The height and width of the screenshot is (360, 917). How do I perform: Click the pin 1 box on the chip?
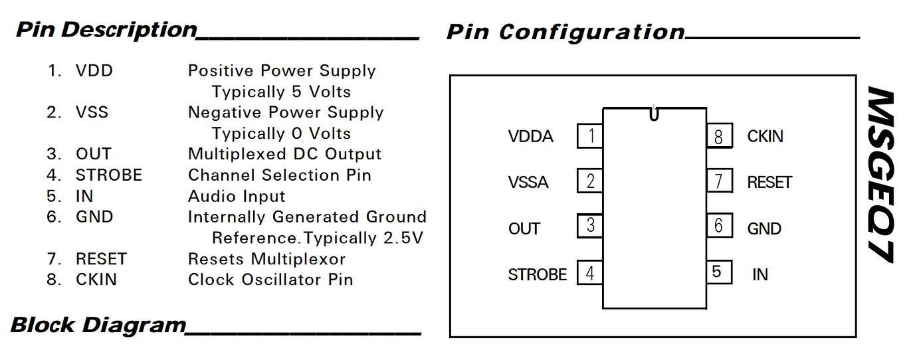[590, 136]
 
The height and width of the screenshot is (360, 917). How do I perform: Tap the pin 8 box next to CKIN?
[718, 136]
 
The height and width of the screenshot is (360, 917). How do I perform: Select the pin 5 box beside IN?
[718, 272]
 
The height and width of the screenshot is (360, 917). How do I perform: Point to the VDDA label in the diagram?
[530, 137]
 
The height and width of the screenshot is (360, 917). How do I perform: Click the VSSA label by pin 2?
[528, 182]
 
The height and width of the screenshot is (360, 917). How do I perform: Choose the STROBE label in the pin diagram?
[537, 274]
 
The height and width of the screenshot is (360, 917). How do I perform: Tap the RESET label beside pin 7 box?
[769, 182]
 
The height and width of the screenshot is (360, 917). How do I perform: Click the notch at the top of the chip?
[654, 114]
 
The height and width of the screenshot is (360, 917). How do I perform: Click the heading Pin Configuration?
[565, 32]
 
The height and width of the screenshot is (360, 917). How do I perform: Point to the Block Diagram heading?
[98, 325]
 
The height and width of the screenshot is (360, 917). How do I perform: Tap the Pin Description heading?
[106, 30]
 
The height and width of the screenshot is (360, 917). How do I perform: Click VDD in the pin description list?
[94, 70]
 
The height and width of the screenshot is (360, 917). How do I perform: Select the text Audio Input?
[237, 196]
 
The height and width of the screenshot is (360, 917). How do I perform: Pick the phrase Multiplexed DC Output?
[284, 154]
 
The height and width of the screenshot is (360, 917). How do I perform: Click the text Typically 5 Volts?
[281, 92]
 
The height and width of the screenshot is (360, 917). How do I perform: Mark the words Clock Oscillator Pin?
[270, 280]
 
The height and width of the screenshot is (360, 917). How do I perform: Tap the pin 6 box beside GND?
[718, 226]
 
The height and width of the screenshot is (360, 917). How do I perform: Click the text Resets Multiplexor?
[266, 258]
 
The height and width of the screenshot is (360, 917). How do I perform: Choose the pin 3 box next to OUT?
[590, 226]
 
